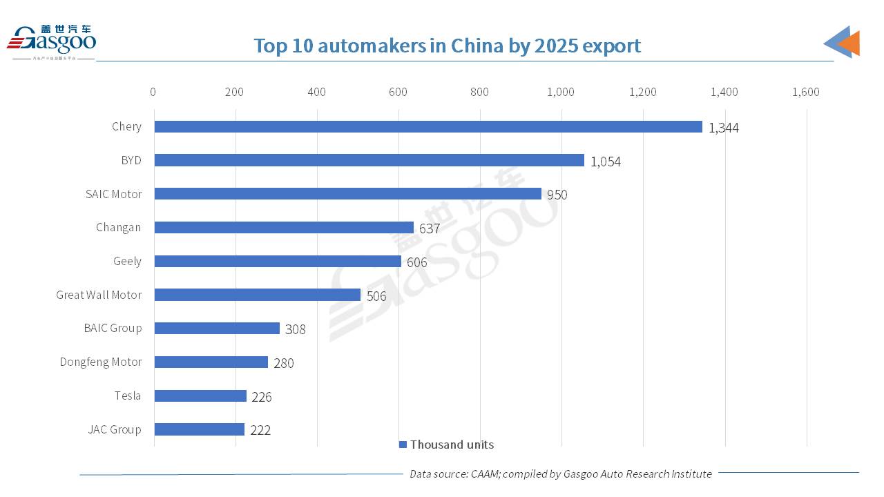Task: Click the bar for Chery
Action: pos(428,127)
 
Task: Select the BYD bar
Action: pos(369,160)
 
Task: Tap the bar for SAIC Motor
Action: pos(347,194)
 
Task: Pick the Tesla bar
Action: pos(200,396)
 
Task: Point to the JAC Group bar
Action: pos(199,429)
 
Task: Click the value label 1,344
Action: pos(723,128)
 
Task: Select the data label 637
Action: pos(429,228)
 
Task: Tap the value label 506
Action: pos(376,296)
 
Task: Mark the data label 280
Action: pos(283,363)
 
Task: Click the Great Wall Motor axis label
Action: pos(99,295)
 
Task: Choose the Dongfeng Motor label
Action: pos(100,362)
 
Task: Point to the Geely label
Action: pos(127,261)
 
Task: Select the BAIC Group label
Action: pos(113,328)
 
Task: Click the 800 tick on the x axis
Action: pos(479,92)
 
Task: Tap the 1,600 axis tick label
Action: pos(805,92)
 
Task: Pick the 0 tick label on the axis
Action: pos(153,92)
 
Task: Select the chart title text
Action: pos(447,46)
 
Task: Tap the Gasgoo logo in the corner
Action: pos(52,41)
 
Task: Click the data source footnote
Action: pos(560,474)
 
